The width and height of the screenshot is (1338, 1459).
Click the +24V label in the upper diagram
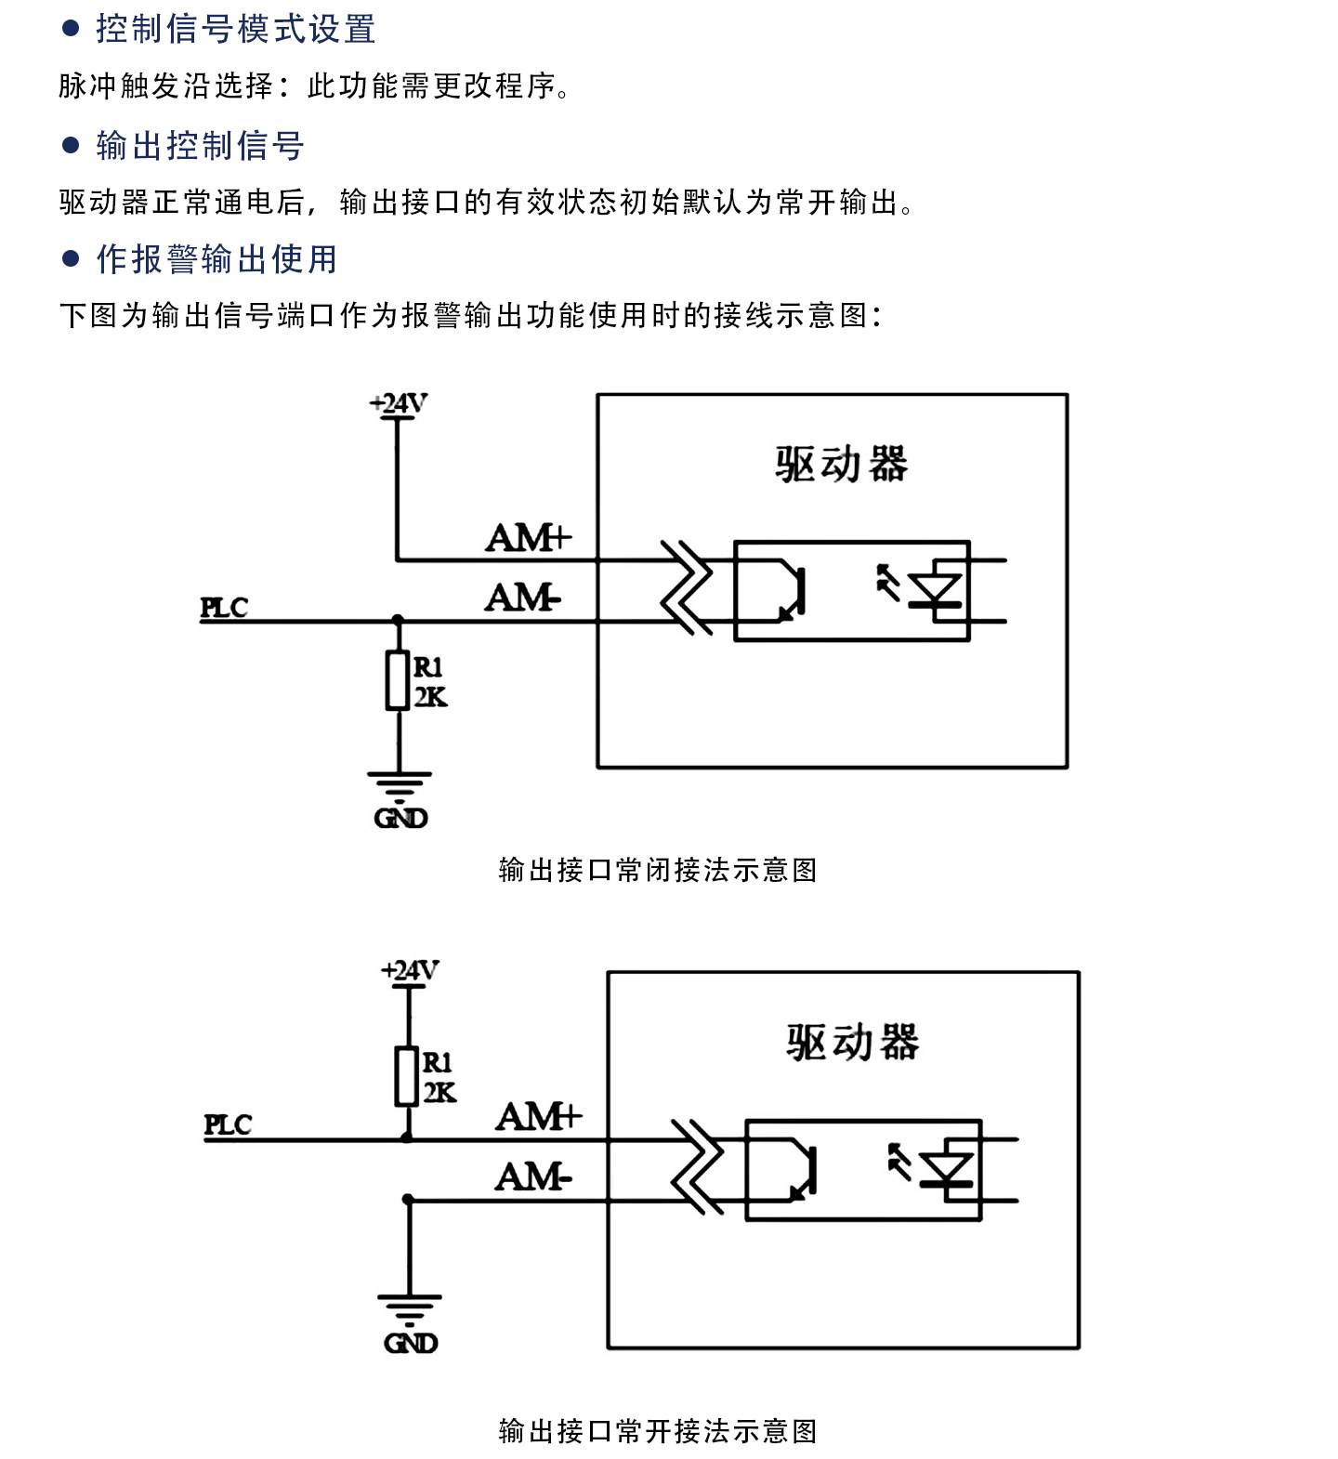pos(398,403)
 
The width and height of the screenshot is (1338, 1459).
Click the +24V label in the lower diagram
pos(410,970)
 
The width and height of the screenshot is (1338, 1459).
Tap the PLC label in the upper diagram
pos(225,608)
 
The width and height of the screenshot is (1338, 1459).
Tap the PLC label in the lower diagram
pos(228,1124)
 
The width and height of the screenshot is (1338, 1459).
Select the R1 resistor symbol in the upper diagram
pos(398,681)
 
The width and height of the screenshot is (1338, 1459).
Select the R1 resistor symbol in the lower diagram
pos(406,1076)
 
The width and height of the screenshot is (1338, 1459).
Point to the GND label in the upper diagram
pos(400,818)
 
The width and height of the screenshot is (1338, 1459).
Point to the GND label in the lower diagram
pos(410,1343)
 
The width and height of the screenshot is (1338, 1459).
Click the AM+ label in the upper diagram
pos(529,538)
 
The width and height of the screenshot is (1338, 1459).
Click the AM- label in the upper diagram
pos(523,598)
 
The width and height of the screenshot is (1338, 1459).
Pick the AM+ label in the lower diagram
pos(539,1116)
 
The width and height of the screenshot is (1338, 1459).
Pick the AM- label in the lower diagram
pos(533,1177)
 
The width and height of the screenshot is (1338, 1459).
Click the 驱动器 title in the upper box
pos(841,464)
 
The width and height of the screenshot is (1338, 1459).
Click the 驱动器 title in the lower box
pos(852,1042)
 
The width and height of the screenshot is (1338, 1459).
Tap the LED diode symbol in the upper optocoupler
pos(936,590)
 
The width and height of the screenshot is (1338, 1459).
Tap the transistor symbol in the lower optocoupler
pos(794,1169)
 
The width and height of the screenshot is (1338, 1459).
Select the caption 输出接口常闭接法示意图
pos(658,870)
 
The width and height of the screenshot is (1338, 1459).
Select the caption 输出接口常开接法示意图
pos(658,1431)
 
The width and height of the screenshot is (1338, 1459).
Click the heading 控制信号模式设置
pos(236,29)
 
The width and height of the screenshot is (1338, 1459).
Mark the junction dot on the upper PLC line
pos(398,620)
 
